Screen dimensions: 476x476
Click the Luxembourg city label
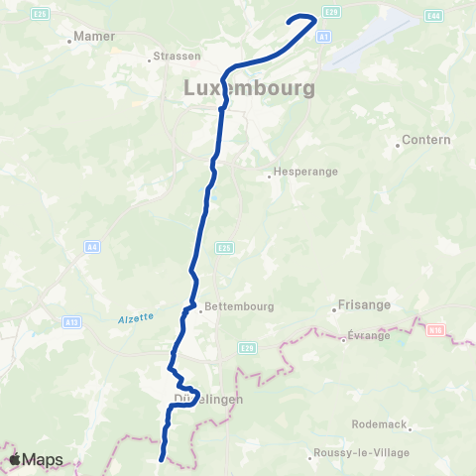tap(250, 88)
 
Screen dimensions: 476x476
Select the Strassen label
tap(178, 57)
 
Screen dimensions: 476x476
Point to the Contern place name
tap(427, 141)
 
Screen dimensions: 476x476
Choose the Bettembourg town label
tap(237, 307)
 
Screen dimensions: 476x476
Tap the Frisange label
tap(364, 305)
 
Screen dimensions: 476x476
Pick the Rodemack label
tap(380, 424)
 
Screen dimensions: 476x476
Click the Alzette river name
tap(135, 317)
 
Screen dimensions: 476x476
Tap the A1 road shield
tap(323, 36)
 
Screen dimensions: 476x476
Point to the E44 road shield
tap(433, 16)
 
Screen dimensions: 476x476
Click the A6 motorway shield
tap(92, 246)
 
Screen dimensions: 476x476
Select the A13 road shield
tap(71, 321)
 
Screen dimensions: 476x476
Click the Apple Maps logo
tap(36, 460)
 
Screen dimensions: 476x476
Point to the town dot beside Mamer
tap(69, 41)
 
